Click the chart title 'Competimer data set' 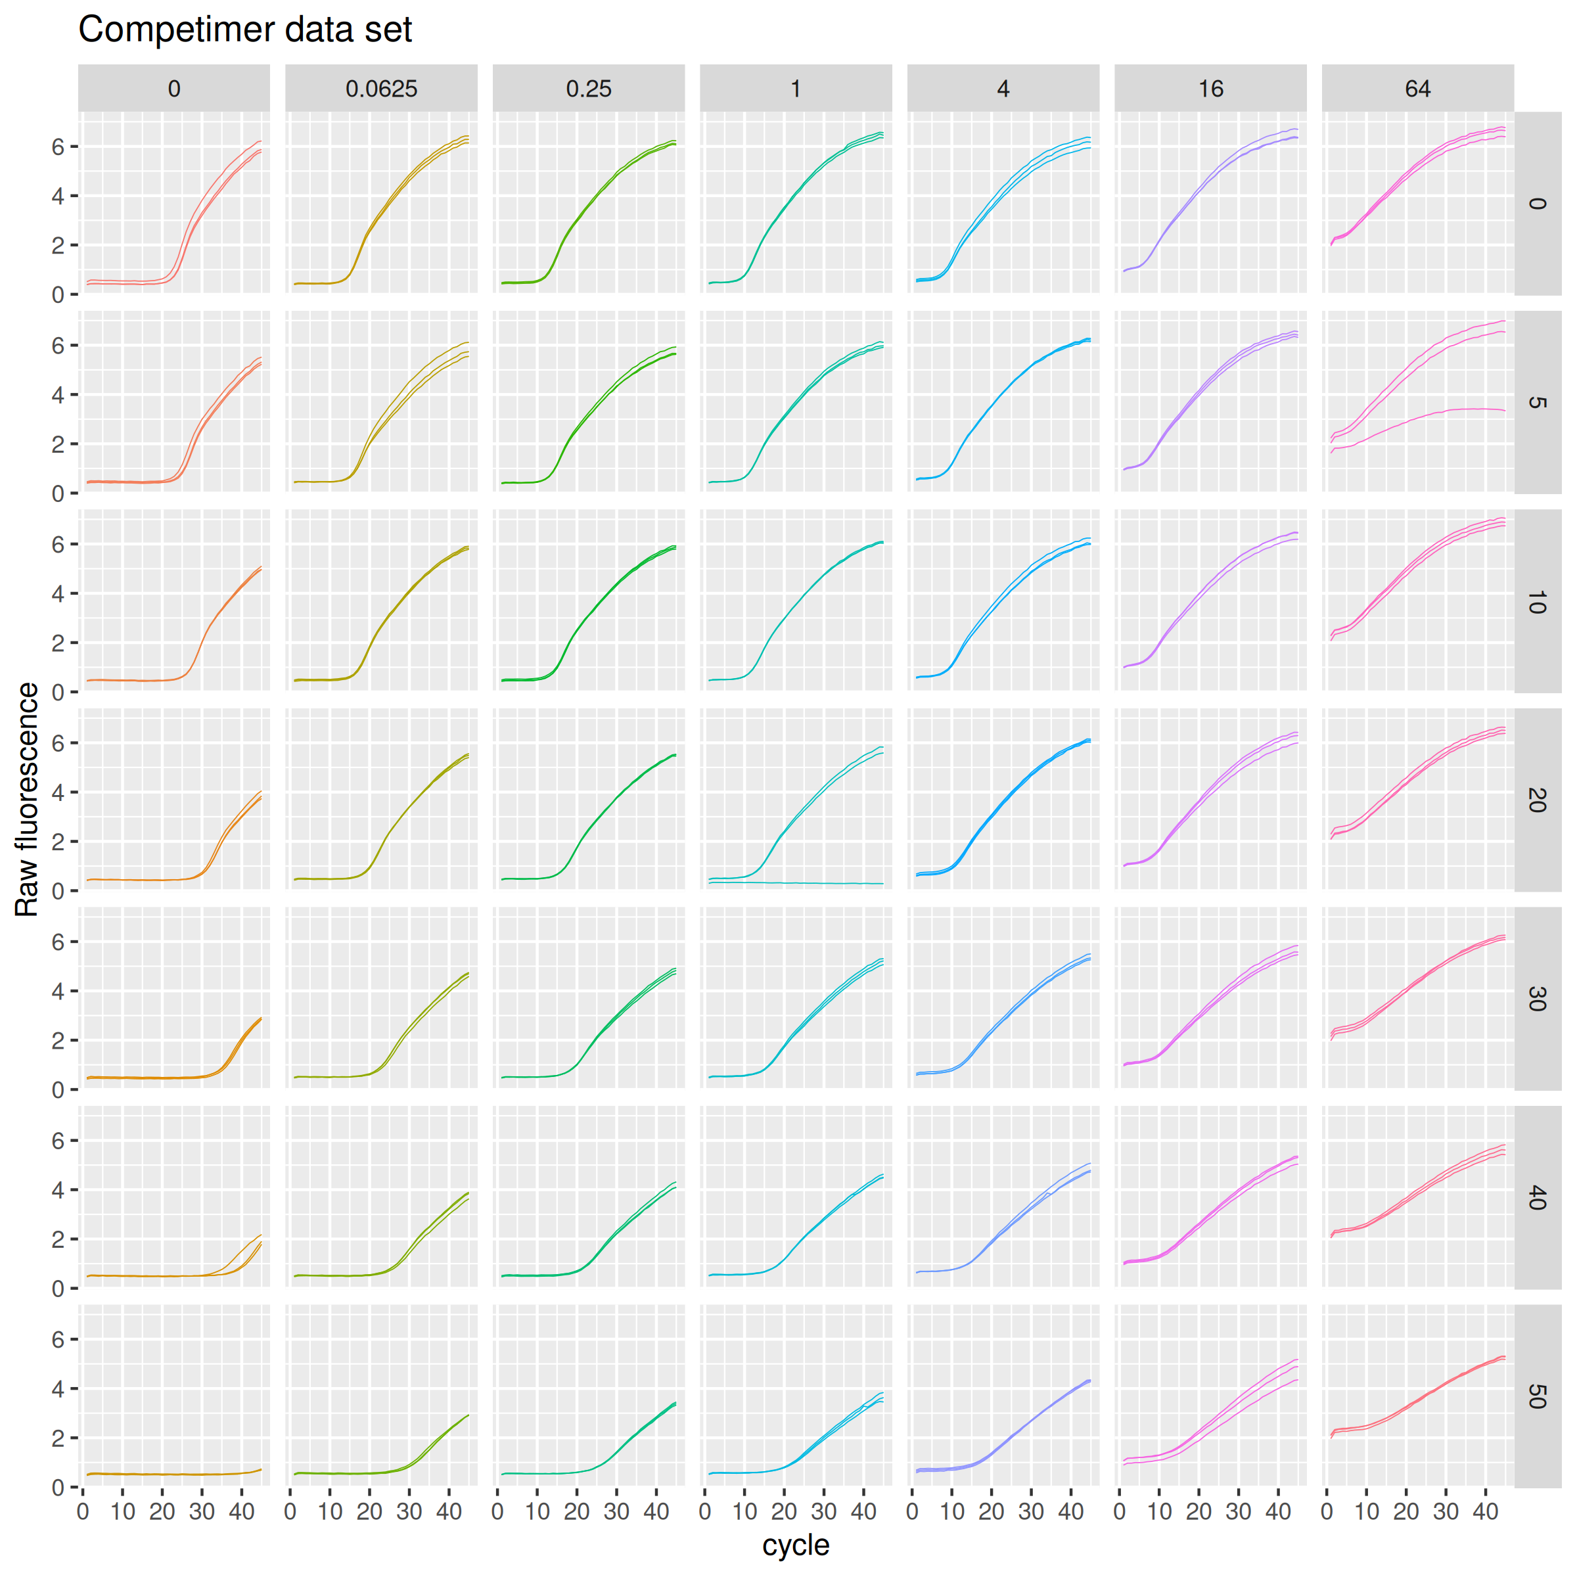coord(245,30)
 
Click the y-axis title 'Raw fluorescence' coord(27,799)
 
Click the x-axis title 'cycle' coord(795,1544)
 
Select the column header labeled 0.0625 coord(381,88)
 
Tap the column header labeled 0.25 coord(589,88)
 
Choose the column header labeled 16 coord(1210,88)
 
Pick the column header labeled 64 coord(1418,88)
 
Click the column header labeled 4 coord(1003,88)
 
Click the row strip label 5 coord(1537,402)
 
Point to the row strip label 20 coord(1537,800)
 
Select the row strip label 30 coord(1537,998)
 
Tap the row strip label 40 coord(1537,1197)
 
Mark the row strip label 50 coord(1537,1396)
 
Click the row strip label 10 coord(1537,602)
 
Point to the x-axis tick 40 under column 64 coord(1485,1512)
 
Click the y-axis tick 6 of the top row coord(58,147)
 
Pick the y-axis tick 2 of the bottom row coord(58,1438)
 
